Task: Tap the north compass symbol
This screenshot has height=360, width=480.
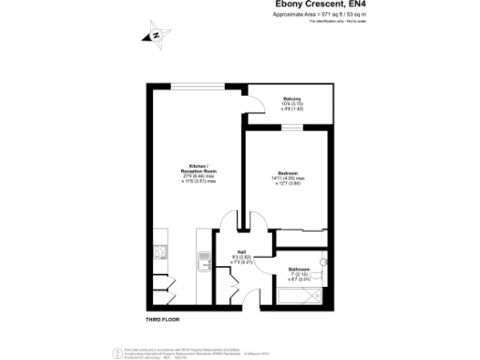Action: (156, 37)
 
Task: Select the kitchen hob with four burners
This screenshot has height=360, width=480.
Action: (160, 250)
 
